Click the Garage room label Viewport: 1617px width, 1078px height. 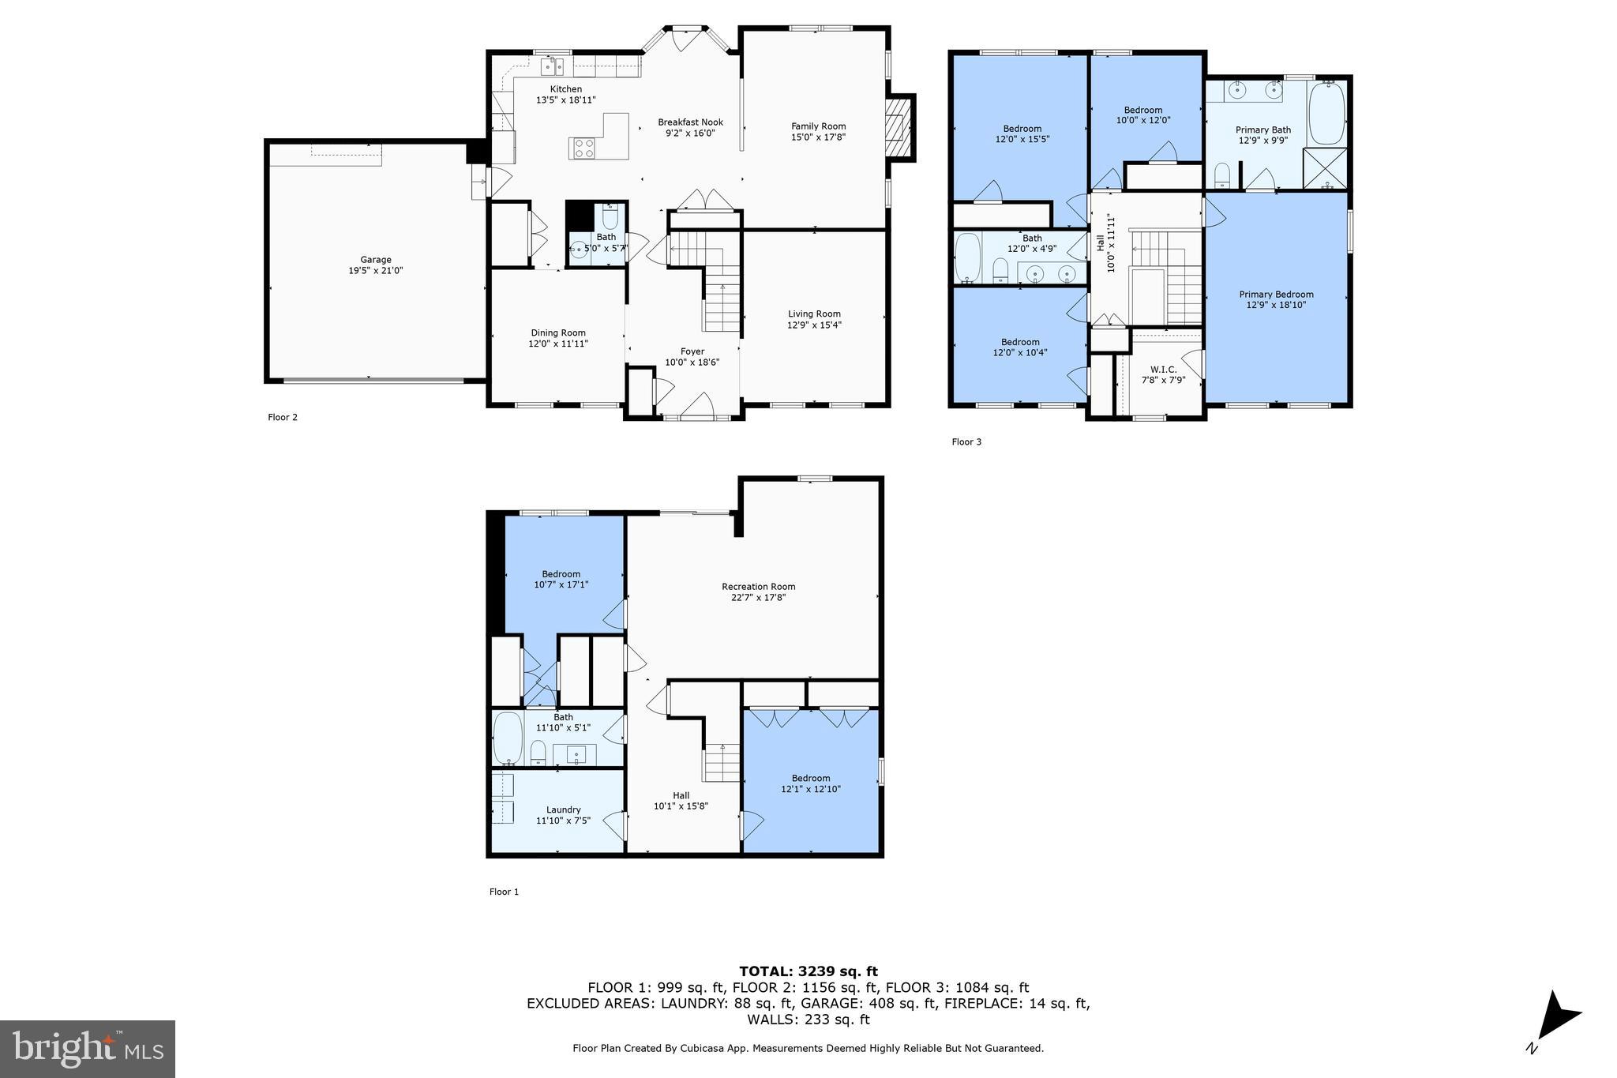376,260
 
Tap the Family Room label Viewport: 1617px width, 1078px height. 818,126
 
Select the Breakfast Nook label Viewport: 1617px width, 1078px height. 690,122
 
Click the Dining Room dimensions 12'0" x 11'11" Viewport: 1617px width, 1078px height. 558,344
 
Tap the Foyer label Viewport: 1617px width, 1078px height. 692,351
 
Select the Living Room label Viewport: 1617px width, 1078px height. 814,314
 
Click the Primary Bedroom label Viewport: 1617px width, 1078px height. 1276,295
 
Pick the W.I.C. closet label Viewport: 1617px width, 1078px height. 1163,370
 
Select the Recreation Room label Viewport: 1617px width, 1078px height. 758,587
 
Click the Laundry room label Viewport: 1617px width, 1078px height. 563,809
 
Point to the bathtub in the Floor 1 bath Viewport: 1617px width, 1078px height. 508,738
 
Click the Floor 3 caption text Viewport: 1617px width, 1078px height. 966,442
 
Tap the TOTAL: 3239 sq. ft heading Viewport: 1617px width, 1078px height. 808,971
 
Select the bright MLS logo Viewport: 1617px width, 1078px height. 88,1049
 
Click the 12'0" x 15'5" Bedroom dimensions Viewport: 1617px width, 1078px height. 1022,139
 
